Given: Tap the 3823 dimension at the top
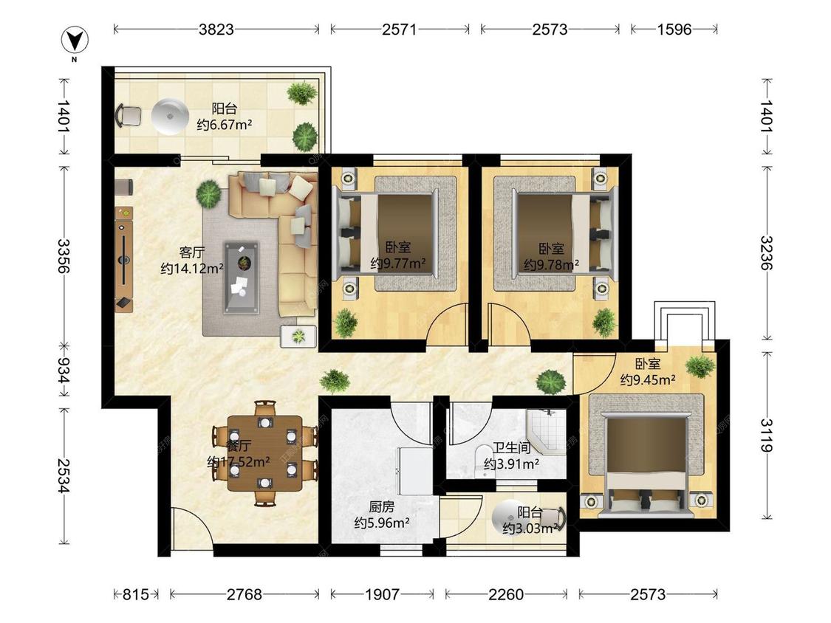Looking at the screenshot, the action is tap(216, 29).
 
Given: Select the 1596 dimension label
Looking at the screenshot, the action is tap(674, 29).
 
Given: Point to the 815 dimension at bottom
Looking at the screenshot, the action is tap(136, 594).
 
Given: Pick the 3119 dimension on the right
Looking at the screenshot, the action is tap(767, 435).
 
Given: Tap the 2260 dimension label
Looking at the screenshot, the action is tap(505, 594).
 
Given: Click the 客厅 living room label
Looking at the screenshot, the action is tap(192, 252).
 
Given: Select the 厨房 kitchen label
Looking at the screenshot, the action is tap(382, 507).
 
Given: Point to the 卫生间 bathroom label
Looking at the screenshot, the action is tap(511, 447).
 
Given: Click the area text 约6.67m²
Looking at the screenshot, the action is tap(224, 125).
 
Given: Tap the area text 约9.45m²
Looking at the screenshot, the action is tap(648, 380).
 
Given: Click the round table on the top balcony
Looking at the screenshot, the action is tap(170, 117).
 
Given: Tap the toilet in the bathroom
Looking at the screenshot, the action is tap(483, 461).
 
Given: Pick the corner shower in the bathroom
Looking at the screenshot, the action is tap(545, 430).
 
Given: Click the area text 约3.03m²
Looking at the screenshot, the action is tap(530, 529).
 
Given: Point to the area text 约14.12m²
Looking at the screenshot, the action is tap(192, 269).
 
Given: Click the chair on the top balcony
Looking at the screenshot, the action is tap(129, 116).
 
